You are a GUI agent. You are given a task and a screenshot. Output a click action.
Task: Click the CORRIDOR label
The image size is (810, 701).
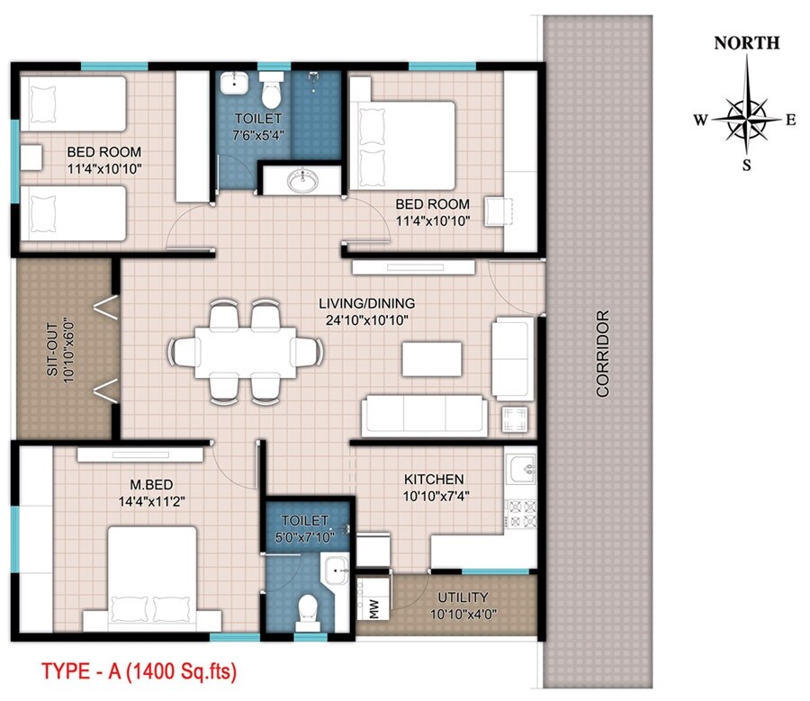pyautogui.click(x=602, y=354)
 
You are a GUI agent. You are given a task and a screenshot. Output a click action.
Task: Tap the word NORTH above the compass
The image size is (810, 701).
pyautogui.click(x=746, y=43)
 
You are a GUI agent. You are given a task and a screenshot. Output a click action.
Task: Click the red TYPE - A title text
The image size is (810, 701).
pyautogui.click(x=139, y=670)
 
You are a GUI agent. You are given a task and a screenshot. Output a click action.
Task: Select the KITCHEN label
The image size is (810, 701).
pyautogui.click(x=434, y=480)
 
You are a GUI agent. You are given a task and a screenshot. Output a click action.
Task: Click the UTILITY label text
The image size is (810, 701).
pyautogui.click(x=463, y=597)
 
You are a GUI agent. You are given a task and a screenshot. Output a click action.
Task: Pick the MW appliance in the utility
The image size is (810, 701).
pyautogui.click(x=372, y=612)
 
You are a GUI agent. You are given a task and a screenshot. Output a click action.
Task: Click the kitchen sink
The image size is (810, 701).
pyautogui.click(x=520, y=469)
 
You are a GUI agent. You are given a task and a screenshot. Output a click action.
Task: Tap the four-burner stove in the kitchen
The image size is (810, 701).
pyautogui.click(x=520, y=514)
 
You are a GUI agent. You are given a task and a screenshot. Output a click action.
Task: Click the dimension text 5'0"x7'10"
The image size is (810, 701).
pyautogui.click(x=306, y=537)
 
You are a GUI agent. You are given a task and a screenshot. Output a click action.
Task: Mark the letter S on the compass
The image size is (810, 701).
pyautogui.click(x=746, y=165)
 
